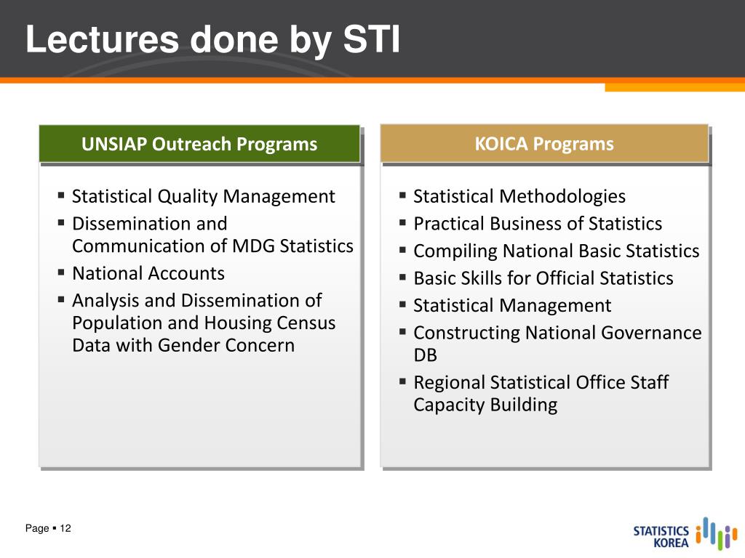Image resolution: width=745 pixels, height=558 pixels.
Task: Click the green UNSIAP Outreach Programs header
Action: coord(199,144)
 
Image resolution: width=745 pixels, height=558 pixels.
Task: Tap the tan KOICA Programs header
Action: coord(544,144)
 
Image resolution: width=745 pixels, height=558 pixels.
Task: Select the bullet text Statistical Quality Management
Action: coord(204,196)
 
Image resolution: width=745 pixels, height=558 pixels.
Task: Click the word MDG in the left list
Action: coord(253,246)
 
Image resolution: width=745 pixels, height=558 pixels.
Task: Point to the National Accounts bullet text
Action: coord(148,273)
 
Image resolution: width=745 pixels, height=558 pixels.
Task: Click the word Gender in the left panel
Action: coord(189,345)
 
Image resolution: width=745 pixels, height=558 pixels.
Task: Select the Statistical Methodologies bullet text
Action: coord(519,196)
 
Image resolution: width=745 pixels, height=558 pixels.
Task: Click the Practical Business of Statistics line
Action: coord(538,224)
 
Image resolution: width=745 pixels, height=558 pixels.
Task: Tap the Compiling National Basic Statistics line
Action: coord(557,251)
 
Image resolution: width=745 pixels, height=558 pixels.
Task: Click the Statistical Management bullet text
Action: coord(512,306)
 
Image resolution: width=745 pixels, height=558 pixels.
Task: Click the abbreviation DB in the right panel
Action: coord(425,355)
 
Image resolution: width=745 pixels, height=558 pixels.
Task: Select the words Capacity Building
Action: coord(485,405)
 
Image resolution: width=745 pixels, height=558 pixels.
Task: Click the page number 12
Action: coord(65,528)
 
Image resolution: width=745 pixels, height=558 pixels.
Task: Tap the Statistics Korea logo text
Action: coord(661,537)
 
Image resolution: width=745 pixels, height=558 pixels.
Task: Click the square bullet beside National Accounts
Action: coord(61,272)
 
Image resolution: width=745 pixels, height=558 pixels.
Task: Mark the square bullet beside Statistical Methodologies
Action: coord(402,195)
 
